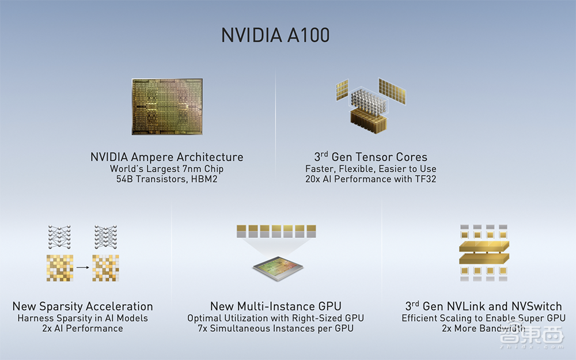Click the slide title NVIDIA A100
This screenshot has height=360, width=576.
click(x=276, y=35)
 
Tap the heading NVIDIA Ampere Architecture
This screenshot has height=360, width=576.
click(x=166, y=157)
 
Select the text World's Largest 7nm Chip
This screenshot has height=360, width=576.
click(x=166, y=169)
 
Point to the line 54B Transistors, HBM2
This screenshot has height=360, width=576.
click(x=166, y=179)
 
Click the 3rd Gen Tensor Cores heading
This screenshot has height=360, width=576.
click(x=370, y=157)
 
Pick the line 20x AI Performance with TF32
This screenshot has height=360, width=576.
click(x=370, y=179)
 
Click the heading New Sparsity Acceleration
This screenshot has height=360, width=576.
click(x=82, y=306)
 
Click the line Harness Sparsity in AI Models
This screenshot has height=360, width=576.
click(x=82, y=318)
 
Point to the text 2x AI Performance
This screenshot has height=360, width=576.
click(x=82, y=328)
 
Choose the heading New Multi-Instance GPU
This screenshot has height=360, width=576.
click(x=275, y=306)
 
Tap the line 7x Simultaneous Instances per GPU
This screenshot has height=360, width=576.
click(x=275, y=328)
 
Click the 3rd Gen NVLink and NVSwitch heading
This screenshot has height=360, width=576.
click(x=483, y=306)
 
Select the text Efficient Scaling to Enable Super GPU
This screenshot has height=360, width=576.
click(x=483, y=318)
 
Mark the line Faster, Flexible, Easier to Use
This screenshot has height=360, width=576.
click(x=370, y=169)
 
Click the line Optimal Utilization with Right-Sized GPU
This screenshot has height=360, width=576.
click(x=275, y=318)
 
